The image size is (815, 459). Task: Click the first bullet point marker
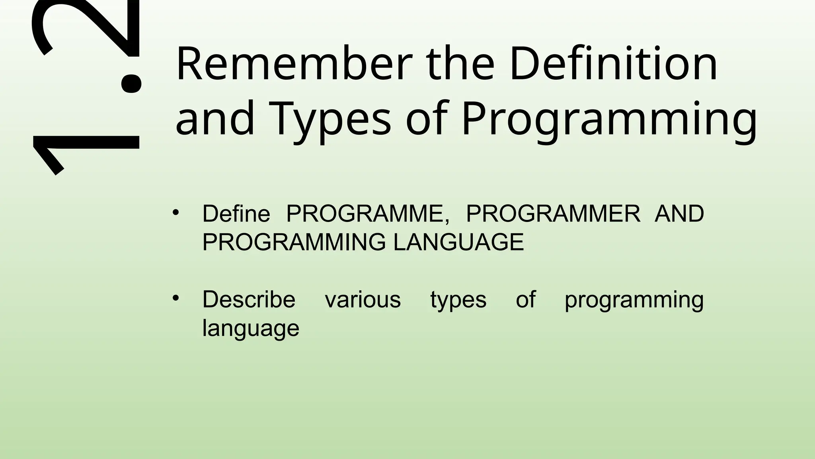tap(176, 212)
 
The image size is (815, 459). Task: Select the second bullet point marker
tap(176, 298)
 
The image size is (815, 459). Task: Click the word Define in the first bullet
tap(236, 214)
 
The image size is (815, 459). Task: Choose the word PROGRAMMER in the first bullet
tap(553, 214)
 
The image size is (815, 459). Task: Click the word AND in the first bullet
tap(679, 214)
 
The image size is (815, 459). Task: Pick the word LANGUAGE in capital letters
tap(458, 242)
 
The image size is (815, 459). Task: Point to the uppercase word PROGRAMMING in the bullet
tap(294, 242)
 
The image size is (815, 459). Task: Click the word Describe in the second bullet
tap(249, 300)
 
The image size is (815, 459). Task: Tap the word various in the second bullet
tap(363, 300)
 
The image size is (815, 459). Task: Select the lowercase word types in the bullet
tap(458, 300)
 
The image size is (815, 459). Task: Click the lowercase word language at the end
tap(251, 328)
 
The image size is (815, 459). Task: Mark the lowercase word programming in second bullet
tap(634, 300)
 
